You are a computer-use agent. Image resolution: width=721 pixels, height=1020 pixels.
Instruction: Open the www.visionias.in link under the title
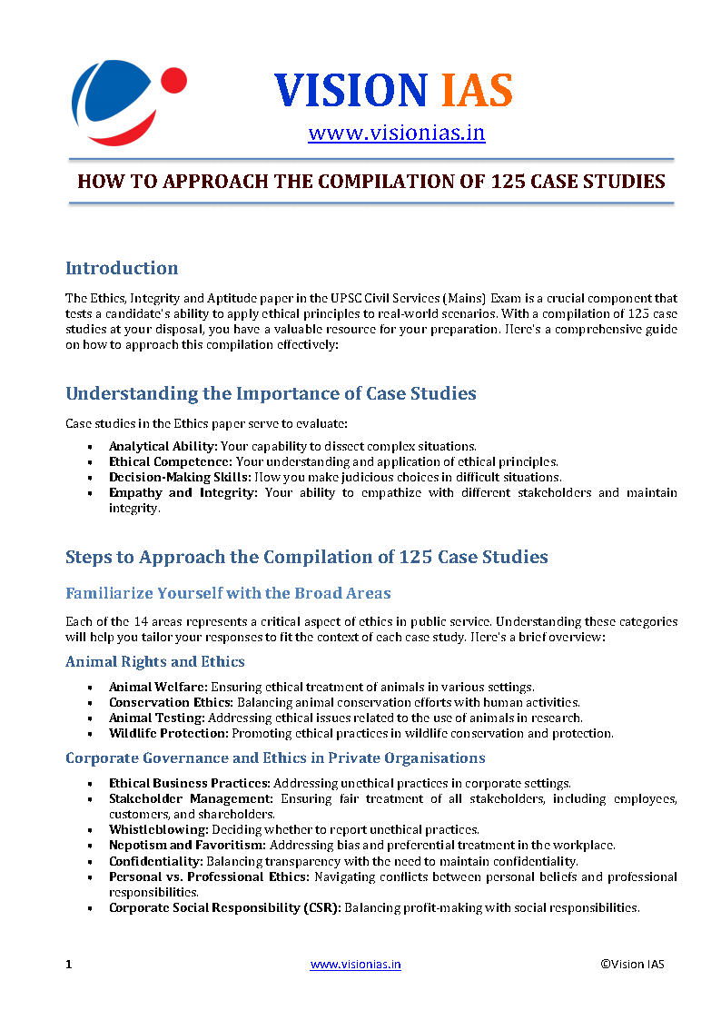[396, 134]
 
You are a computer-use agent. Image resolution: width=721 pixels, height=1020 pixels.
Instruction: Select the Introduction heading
[122, 268]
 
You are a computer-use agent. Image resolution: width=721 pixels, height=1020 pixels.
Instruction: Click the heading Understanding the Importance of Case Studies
[271, 393]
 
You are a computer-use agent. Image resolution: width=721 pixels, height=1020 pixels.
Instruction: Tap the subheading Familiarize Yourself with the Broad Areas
[228, 593]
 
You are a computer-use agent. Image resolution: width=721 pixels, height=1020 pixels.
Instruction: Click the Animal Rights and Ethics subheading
[154, 661]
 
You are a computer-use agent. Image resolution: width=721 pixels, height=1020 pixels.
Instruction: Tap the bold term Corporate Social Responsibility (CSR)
[224, 906]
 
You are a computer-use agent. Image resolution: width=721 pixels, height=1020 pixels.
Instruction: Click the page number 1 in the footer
[68, 964]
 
